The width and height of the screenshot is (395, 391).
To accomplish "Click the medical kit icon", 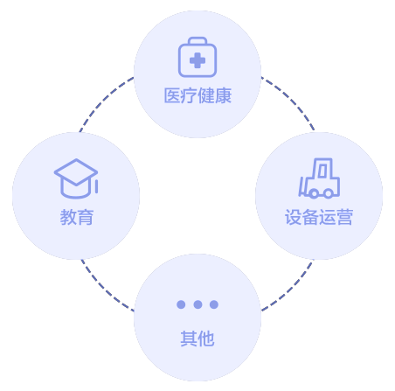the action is (x=197, y=57).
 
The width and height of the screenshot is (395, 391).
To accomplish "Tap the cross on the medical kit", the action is (x=197, y=60).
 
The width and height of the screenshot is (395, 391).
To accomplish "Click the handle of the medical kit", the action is (x=197, y=40).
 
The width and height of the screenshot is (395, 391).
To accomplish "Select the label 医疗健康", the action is (x=197, y=95).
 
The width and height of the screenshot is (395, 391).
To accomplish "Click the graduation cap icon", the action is (x=76, y=178).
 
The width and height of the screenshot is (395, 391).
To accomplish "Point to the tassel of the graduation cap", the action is (x=96, y=186).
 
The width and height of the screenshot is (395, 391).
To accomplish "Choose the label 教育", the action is (x=76, y=217).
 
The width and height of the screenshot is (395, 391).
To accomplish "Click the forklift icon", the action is (x=319, y=178).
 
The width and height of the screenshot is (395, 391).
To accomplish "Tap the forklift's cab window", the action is (x=322, y=171).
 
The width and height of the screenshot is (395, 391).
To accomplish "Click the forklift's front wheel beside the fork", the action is (x=314, y=193).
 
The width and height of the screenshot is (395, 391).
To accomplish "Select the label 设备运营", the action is (x=319, y=217).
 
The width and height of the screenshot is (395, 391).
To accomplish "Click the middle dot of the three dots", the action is (x=197, y=304).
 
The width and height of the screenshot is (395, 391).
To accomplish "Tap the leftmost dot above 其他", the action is (x=181, y=304).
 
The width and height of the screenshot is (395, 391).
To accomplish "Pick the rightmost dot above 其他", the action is (x=214, y=304).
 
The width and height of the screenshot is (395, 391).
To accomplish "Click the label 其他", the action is (x=197, y=339).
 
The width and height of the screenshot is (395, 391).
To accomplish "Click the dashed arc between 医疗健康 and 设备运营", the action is (x=292, y=99).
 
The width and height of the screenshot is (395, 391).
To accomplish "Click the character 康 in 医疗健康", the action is (x=224, y=95).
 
